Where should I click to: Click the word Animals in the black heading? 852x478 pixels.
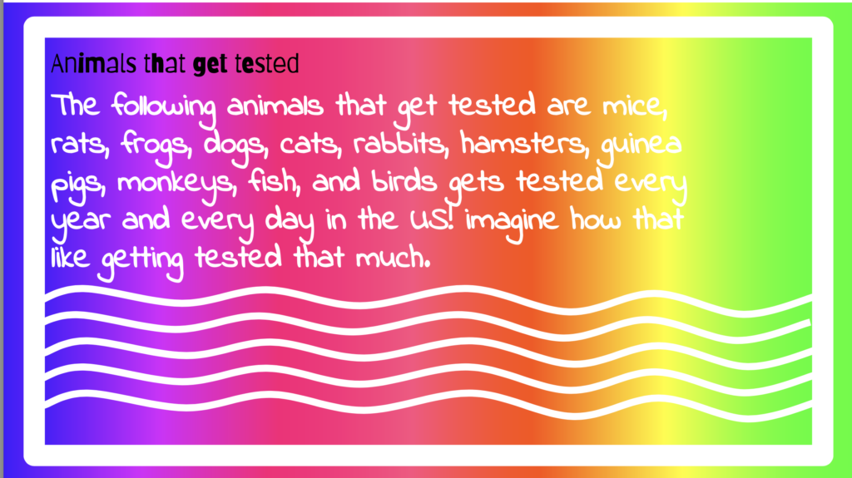[x=93, y=63]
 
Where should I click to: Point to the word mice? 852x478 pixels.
[x=635, y=106]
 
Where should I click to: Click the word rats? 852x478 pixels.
[x=80, y=145]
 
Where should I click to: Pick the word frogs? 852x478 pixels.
[x=156, y=146]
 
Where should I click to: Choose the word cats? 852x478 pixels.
[x=311, y=145]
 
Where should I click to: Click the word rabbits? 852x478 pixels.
[x=401, y=143]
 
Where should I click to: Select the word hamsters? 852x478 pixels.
[x=525, y=143]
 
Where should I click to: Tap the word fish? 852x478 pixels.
[x=275, y=182]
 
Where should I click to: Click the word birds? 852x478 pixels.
[x=404, y=181]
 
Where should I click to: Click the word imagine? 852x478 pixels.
[x=512, y=222]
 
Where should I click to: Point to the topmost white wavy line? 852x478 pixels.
[x=428, y=298]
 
